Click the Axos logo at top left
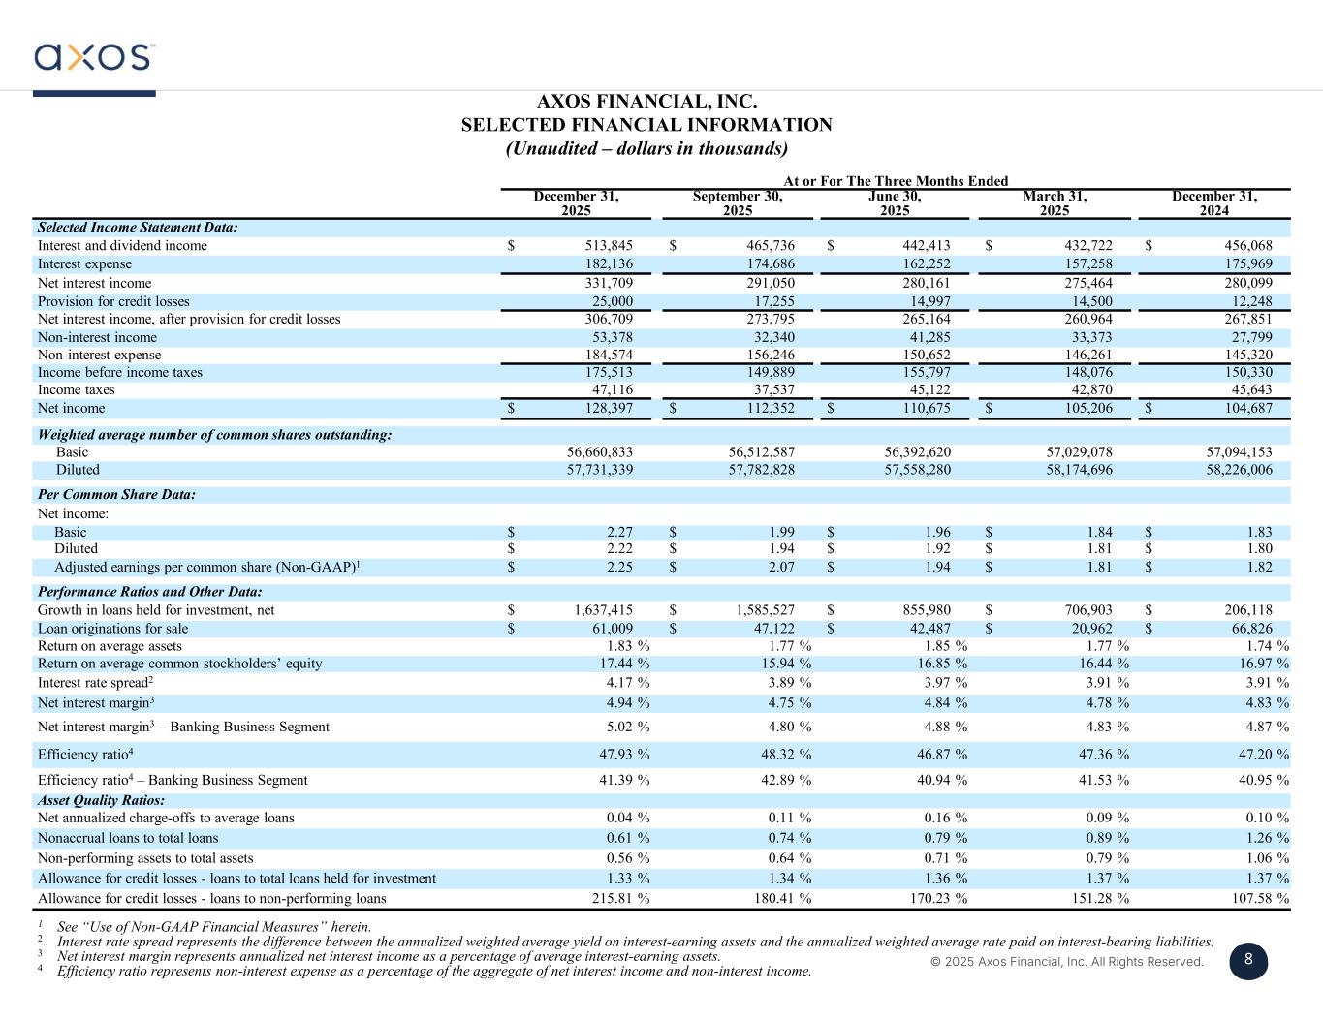(x=94, y=57)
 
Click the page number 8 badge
(x=1248, y=960)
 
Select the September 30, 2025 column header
(x=738, y=203)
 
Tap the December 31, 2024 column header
(x=1214, y=203)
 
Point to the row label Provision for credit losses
(x=113, y=302)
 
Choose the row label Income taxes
(x=76, y=390)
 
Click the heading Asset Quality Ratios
(x=101, y=801)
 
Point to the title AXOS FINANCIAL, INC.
(x=646, y=102)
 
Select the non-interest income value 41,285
(x=924, y=338)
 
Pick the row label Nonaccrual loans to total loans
(x=128, y=839)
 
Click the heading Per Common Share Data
(x=116, y=495)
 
